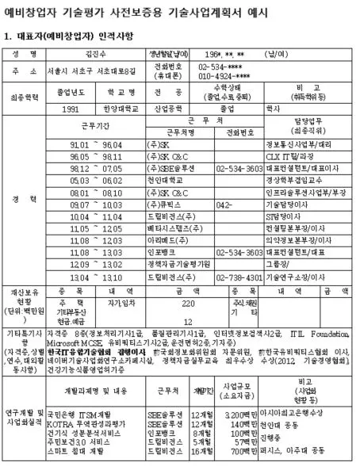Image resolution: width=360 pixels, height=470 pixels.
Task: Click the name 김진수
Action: point(96,53)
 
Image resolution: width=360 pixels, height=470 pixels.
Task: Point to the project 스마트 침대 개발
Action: point(79,452)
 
